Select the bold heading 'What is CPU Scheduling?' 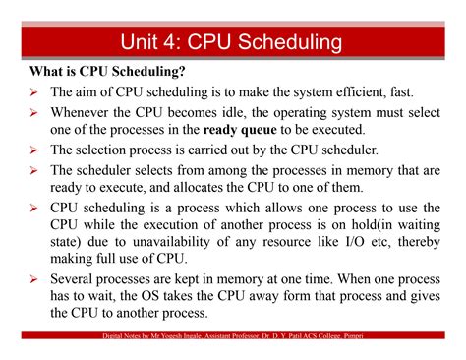click(107, 72)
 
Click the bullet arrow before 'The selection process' click(33, 150)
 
